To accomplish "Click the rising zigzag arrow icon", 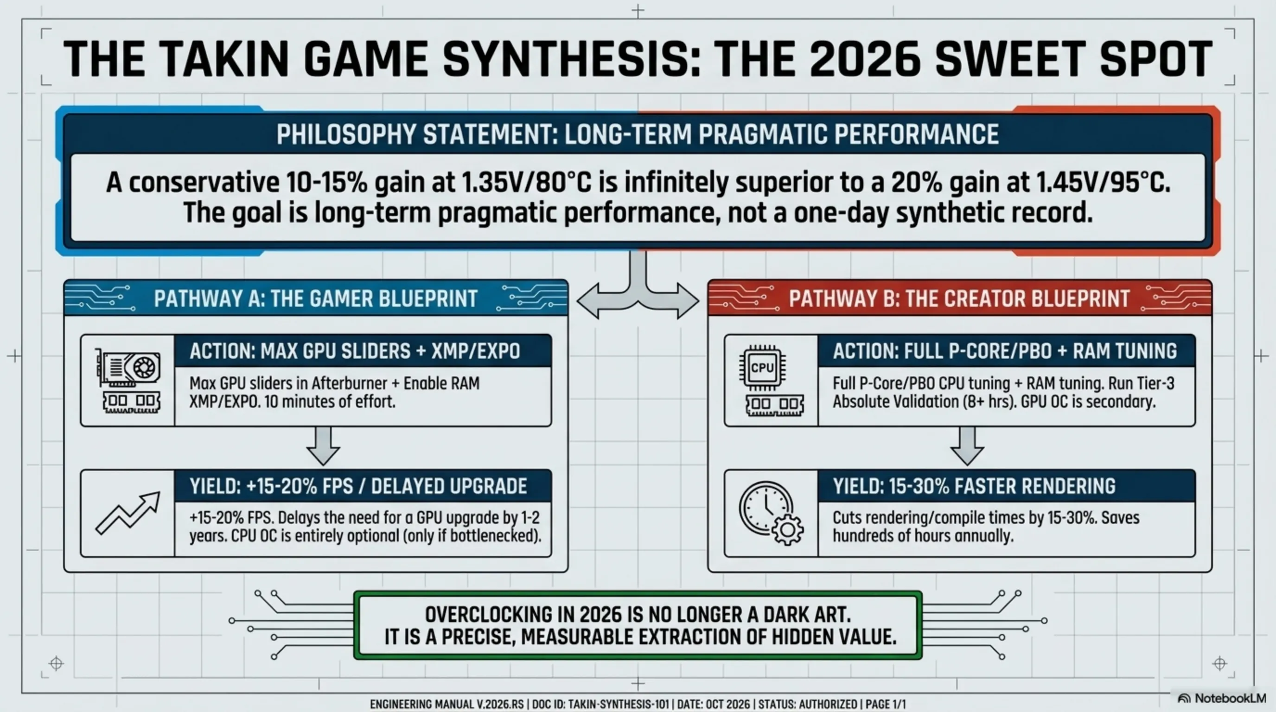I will (x=128, y=513).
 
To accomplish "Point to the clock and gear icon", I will (x=770, y=513).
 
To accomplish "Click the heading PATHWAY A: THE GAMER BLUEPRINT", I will (x=316, y=299).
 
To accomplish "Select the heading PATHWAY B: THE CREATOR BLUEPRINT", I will (x=959, y=299).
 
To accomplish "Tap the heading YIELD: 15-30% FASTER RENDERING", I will (x=974, y=486).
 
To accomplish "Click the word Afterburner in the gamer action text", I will (x=345, y=383).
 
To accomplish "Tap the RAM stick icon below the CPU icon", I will (x=774, y=405).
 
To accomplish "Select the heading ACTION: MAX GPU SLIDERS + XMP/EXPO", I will (x=355, y=351).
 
